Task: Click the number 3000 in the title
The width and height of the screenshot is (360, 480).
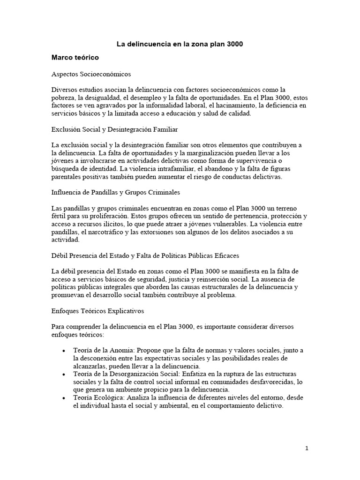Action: (x=234, y=45)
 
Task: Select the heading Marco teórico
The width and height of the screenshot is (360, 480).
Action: (x=75, y=58)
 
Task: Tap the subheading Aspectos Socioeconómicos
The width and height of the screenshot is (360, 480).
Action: (x=91, y=74)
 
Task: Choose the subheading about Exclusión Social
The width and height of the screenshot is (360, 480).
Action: (x=114, y=128)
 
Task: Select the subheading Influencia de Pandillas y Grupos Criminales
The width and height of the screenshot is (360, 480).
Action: (x=116, y=192)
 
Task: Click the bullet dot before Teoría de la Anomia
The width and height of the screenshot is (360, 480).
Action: (x=63, y=351)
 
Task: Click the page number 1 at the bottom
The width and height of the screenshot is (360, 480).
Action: (x=307, y=448)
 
